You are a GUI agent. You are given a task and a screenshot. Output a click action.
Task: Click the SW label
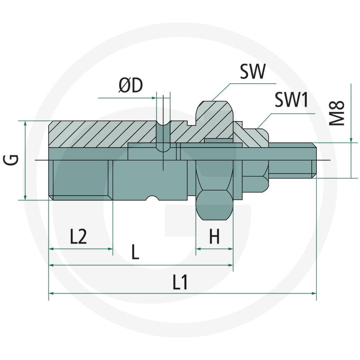(x=252, y=71)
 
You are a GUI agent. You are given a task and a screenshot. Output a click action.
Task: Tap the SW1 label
(x=291, y=99)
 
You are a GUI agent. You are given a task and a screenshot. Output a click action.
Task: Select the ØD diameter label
(x=130, y=85)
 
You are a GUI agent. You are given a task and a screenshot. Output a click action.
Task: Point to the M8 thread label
(x=337, y=113)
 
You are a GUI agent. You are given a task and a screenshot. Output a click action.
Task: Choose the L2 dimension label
(x=78, y=237)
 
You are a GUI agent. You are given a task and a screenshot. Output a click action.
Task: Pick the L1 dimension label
(x=180, y=282)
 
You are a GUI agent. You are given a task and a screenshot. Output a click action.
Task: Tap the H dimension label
(x=215, y=236)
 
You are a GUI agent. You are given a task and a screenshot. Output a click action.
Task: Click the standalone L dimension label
(x=135, y=252)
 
